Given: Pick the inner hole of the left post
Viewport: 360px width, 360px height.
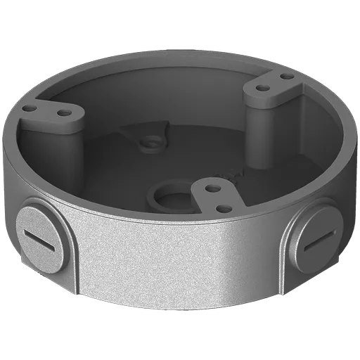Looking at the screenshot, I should coord(64,112).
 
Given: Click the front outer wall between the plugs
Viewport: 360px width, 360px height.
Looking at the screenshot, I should coord(176,274).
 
